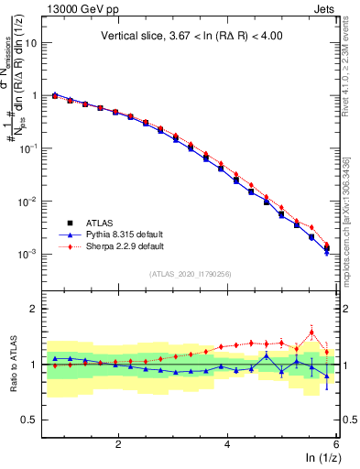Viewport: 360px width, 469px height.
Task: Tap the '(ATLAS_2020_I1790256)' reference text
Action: (191, 274)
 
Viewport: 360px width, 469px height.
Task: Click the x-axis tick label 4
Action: (227, 443)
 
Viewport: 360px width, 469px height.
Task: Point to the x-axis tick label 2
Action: (118, 443)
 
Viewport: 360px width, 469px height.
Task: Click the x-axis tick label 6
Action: (335, 443)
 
